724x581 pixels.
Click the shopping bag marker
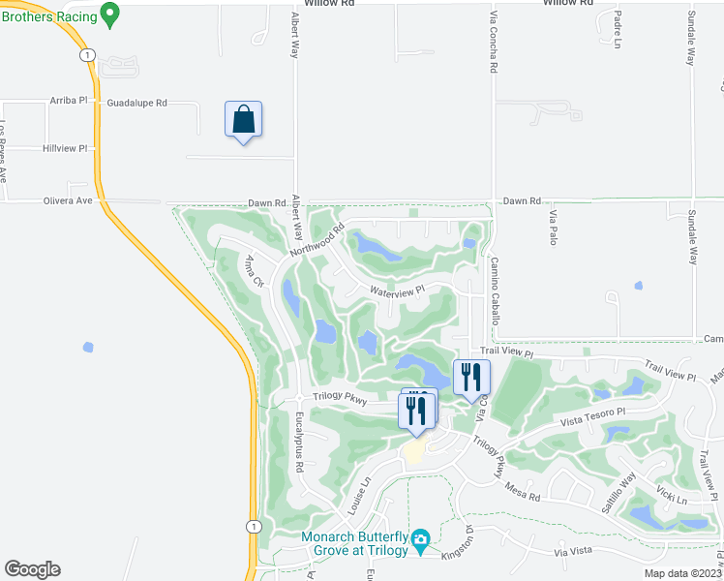pyautogui.click(x=243, y=120)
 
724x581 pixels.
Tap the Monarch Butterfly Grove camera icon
pyautogui.click(x=420, y=538)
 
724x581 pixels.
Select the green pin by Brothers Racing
pyautogui.click(x=109, y=14)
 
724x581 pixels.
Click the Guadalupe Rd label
pyautogui.click(x=136, y=102)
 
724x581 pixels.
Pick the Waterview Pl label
pyautogui.click(x=397, y=290)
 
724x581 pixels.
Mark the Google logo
pyautogui.click(x=32, y=569)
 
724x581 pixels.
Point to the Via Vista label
pyautogui.click(x=573, y=551)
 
